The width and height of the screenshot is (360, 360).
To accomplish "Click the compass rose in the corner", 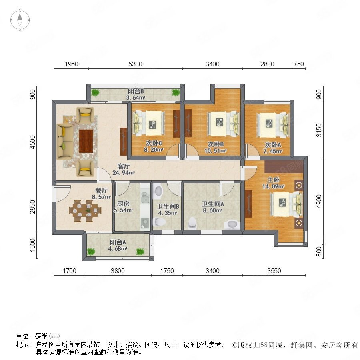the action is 20,20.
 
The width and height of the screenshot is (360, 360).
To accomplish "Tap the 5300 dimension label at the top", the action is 135,64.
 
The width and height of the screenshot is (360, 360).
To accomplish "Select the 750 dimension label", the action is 299,64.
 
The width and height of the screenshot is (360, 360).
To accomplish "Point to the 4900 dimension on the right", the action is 319,201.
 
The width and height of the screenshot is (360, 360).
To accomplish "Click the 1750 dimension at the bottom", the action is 167,271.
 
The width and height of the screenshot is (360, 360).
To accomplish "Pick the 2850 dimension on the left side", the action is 33,207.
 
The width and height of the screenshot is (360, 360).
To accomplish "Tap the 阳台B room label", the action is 136,91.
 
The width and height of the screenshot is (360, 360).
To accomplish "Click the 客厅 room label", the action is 124,166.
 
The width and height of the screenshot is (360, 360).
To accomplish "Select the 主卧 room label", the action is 273,180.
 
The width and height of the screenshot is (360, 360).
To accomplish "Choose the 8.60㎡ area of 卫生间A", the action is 212,210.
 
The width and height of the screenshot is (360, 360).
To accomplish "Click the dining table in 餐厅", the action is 85,210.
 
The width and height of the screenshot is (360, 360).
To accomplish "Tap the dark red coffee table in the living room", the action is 86,141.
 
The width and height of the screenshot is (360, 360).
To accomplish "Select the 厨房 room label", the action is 123,204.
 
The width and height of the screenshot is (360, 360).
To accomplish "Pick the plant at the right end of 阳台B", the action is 176,92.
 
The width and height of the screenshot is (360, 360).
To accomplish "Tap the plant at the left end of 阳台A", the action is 91,252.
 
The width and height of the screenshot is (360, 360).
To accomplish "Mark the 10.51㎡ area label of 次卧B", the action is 216,151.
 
